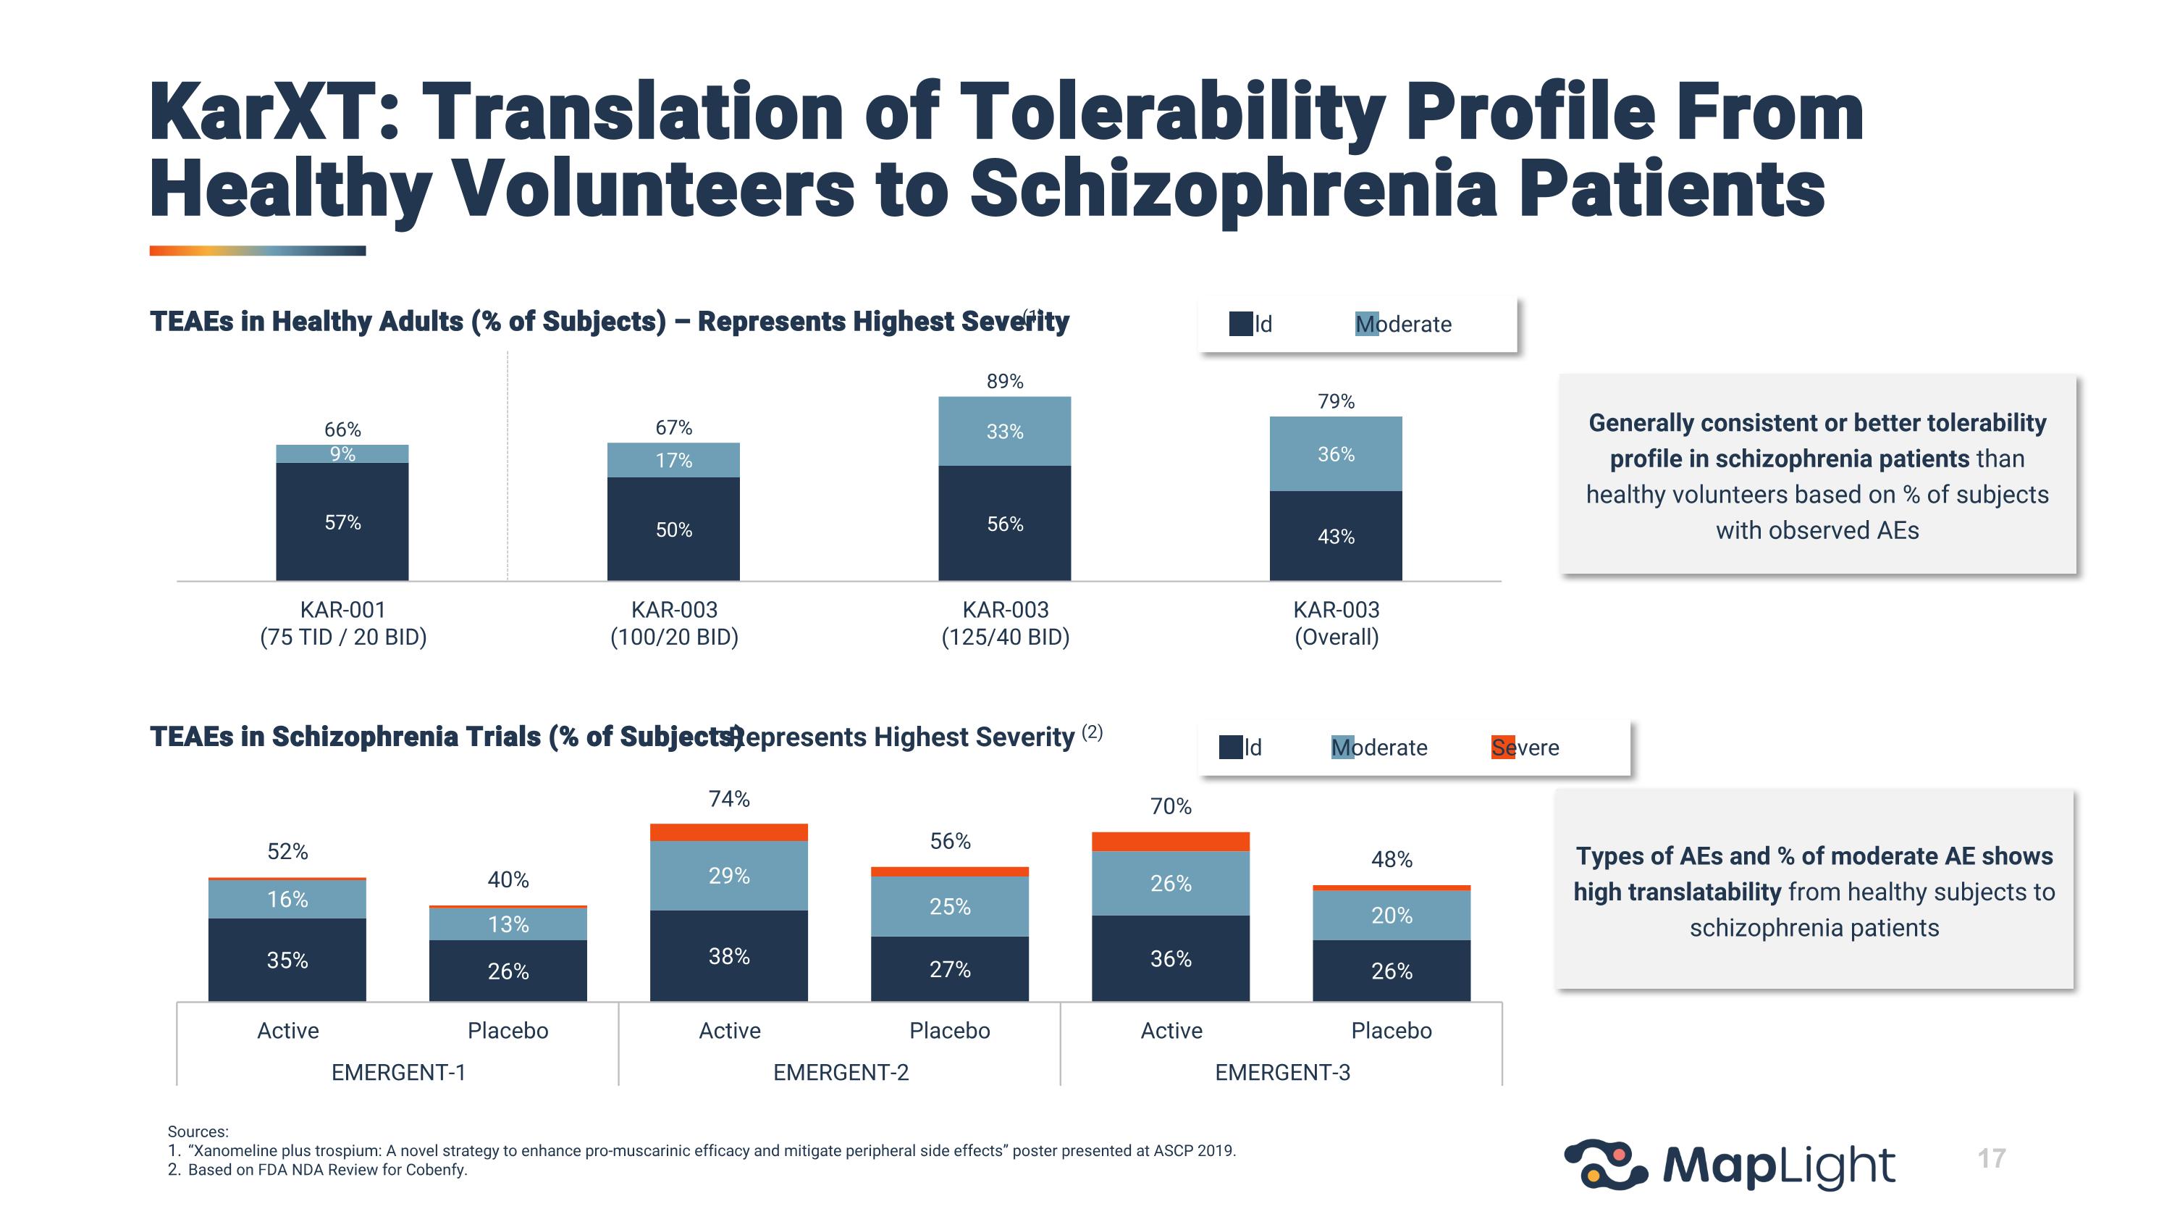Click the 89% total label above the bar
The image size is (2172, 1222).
coord(1004,381)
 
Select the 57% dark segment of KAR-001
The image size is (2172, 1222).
coord(342,522)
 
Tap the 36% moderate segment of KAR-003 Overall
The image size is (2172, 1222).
coord(1336,453)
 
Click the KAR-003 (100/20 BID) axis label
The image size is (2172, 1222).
coord(674,622)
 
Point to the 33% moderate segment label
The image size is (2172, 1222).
coord(1004,432)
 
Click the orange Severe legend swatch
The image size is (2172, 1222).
coord(1502,748)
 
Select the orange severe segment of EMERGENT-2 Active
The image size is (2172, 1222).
coord(728,832)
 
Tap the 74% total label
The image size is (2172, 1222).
coord(728,799)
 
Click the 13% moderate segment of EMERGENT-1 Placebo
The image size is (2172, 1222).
coord(508,924)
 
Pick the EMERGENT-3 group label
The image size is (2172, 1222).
coord(1281,1072)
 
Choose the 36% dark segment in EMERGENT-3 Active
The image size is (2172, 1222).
coord(1170,958)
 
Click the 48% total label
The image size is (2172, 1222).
coord(1392,859)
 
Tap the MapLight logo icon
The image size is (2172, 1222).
coord(1604,1165)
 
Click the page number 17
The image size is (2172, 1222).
coord(1992,1158)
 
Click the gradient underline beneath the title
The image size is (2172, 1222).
coord(257,251)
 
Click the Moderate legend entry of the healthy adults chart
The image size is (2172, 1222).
coord(1403,324)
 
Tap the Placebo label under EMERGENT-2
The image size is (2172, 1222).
coord(949,1031)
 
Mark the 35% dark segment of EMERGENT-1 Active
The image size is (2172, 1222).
coord(287,960)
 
